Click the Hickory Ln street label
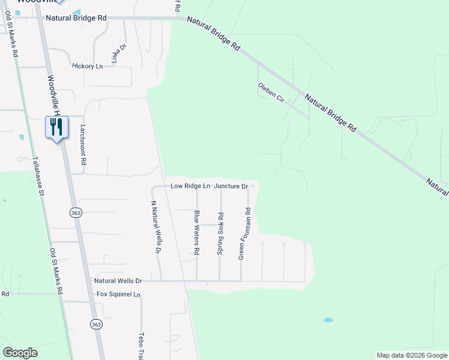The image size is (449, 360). pyautogui.click(x=87, y=66)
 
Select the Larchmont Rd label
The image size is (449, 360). pyautogui.click(x=83, y=145)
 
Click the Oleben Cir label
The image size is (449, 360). pyautogui.click(x=271, y=93)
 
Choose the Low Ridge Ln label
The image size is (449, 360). pyautogui.click(x=190, y=186)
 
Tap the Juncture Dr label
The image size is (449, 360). pyautogui.click(x=231, y=186)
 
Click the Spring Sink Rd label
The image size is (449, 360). pyautogui.click(x=220, y=234)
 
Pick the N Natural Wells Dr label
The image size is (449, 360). pyautogui.click(x=156, y=227)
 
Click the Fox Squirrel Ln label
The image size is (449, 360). pyautogui.click(x=118, y=295)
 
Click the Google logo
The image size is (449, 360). pyautogui.click(x=20, y=352)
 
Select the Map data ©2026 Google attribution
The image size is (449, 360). pyautogui.click(x=411, y=355)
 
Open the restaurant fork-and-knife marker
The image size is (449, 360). pyautogui.click(x=56, y=127)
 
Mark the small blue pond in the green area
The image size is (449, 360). pyautogui.click(x=328, y=320)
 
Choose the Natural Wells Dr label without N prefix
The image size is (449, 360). pyautogui.click(x=118, y=280)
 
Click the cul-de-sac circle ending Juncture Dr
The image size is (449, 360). pyautogui.click(x=253, y=186)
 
